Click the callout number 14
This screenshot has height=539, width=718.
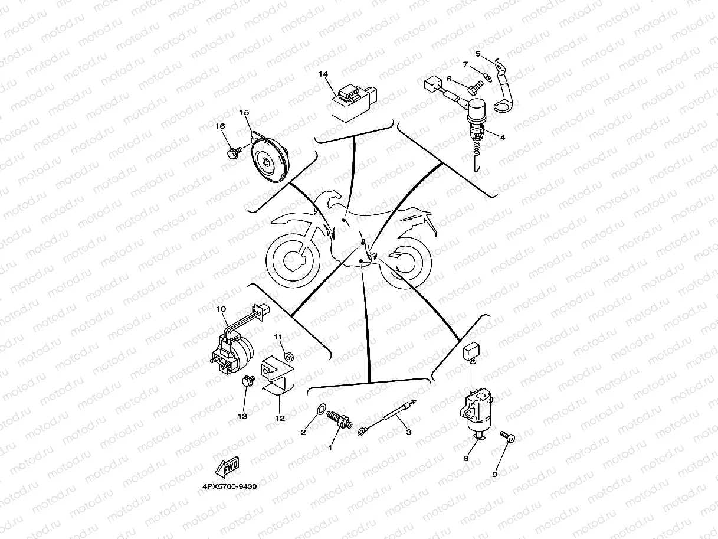click(x=323, y=74)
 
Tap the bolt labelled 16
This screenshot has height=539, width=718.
click(x=232, y=153)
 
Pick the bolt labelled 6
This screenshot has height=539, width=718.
click(x=474, y=87)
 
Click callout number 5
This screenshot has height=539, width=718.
click(x=478, y=54)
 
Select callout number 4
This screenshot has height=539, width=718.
click(x=503, y=137)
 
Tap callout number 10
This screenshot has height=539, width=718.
click(x=221, y=309)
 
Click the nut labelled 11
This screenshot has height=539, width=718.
click(x=289, y=356)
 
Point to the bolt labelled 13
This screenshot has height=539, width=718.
click(x=248, y=382)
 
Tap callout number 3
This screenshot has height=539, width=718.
click(x=408, y=432)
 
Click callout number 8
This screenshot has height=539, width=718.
click(x=466, y=458)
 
